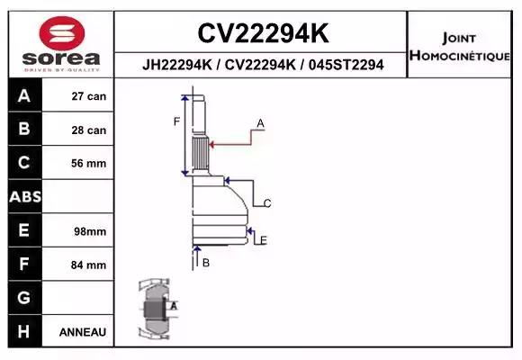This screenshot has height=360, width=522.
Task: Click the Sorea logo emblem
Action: [59, 33]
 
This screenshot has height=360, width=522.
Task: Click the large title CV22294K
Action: [262, 34]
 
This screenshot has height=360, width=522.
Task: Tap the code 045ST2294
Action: [346, 65]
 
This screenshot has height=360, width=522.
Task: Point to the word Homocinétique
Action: [461, 56]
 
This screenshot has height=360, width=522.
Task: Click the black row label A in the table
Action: [24, 96]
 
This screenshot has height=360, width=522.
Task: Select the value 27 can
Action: [88, 96]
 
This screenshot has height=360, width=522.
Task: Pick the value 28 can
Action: [88, 130]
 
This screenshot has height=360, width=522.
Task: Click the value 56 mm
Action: [88, 163]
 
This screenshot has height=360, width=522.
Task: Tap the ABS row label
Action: [24, 196]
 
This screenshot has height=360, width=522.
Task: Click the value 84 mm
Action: [88, 265]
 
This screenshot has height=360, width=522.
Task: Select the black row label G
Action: [24, 297]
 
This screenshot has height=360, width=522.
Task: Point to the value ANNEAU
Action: [83, 331]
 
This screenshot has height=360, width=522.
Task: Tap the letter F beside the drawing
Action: [177, 121]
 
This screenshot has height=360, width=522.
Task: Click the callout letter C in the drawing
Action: [267, 202]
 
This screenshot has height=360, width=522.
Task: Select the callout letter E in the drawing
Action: [262, 239]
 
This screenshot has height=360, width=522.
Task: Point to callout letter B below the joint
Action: [205, 263]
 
